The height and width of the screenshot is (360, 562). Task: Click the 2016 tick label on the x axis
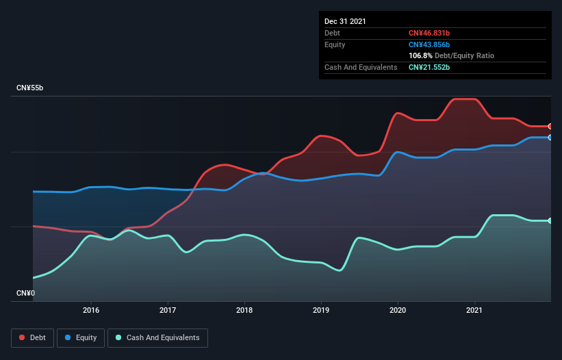pyautogui.click(x=91, y=310)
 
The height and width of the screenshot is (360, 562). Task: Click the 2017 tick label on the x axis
pyautogui.click(x=168, y=310)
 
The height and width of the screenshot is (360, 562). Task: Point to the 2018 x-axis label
pyautogui.click(x=244, y=310)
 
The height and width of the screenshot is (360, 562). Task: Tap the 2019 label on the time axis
pyautogui.click(x=321, y=310)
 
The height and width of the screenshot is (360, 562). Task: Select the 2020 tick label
pyautogui.click(x=398, y=310)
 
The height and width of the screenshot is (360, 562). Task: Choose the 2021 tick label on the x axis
pyautogui.click(x=474, y=310)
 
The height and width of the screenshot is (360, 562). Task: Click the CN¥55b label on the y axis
pyautogui.click(x=30, y=88)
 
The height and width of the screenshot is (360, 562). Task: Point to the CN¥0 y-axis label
pyautogui.click(x=25, y=294)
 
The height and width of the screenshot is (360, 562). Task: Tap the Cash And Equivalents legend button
pyautogui.click(x=157, y=337)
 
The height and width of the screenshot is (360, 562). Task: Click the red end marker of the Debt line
pyautogui.click(x=550, y=127)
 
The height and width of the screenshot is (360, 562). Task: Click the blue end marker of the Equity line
pyautogui.click(x=550, y=138)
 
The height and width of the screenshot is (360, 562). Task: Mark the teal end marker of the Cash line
pyautogui.click(x=550, y=220)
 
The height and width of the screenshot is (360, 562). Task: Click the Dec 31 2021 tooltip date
pyautogui.click(x=345, y=21)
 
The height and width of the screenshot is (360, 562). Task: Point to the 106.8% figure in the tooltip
pyautogui.click(x=420, y=55)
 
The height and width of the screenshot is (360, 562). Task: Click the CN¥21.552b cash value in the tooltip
pyautogui.click(x=429, y=67)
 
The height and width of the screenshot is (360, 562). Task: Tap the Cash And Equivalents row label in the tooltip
pyautogui.click(x=361, y=67)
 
